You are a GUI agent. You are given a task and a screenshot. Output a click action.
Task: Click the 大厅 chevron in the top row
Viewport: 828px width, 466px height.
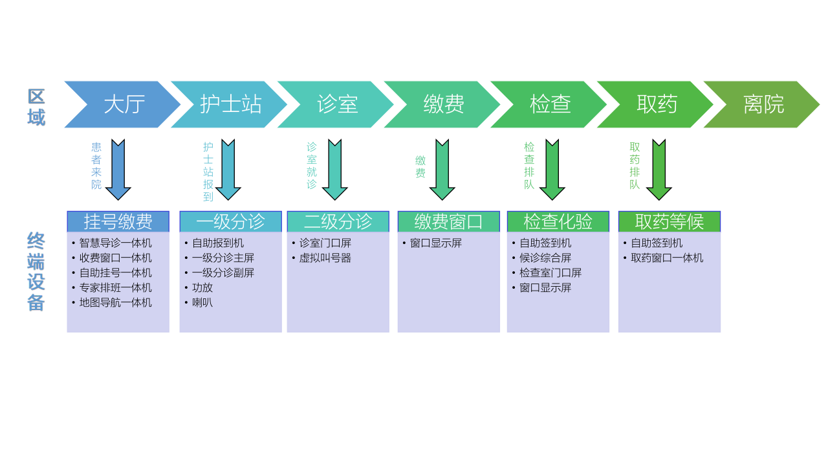click(123, 104)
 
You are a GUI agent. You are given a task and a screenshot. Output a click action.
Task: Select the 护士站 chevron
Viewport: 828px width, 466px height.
click(230, 104)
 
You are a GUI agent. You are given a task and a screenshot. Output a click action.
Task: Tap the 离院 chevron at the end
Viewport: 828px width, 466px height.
click(763, 104)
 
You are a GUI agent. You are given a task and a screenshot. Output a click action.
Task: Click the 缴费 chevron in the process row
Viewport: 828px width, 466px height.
click(444, 104)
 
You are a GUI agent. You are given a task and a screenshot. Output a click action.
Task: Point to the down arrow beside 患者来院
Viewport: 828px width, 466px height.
click(118, 169)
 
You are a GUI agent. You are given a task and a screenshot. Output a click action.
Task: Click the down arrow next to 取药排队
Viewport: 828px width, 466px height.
click(659, 169)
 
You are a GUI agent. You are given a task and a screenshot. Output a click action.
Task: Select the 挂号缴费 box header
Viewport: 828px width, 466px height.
click(118, 221)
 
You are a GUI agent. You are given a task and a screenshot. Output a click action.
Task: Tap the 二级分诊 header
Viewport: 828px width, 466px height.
click(338, 221)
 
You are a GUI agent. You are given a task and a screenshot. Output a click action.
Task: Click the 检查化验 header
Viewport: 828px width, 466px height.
click(558, 221)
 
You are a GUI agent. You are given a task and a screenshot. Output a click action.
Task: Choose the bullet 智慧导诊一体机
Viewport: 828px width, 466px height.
click(115, 243)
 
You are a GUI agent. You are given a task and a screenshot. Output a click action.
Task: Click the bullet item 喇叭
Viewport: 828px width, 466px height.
click(202, 303)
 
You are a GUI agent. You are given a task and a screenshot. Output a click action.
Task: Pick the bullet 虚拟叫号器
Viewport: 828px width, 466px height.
click(325, 258)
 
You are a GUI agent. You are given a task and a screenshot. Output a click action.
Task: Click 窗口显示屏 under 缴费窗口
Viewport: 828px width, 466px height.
click(435, 243)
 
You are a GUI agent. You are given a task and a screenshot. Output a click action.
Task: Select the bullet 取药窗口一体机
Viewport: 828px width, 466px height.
click(666, 258)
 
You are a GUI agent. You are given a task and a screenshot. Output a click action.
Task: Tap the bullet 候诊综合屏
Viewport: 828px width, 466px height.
click(545, 258)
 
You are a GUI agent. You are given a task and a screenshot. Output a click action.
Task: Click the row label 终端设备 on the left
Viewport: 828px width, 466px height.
click(36, 272)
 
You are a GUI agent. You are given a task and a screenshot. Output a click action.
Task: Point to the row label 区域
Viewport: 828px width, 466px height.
click(36, 107)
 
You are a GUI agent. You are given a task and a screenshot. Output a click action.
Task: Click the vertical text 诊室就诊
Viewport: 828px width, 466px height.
click(311, 166)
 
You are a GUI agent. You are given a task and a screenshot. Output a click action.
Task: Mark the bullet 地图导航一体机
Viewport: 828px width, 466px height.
click(115, 303)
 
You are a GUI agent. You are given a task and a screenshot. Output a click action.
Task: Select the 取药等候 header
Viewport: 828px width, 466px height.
click(669, 221)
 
